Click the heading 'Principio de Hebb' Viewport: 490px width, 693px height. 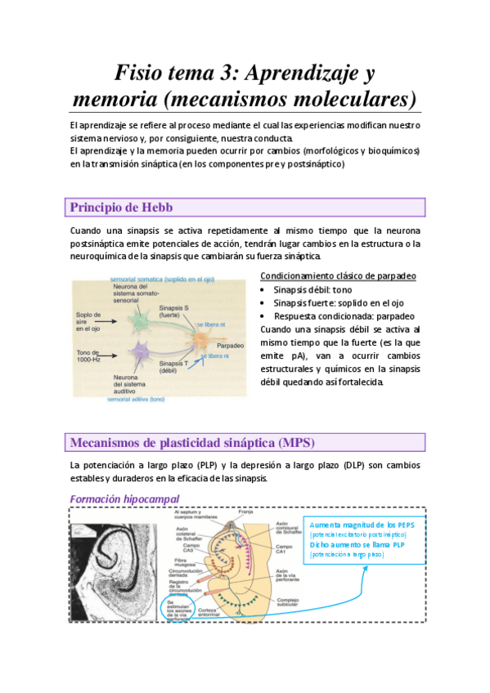(x=121, y=207)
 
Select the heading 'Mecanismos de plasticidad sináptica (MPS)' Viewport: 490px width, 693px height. (x=192, y=442)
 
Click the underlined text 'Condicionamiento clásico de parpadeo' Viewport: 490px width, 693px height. (x=338, y=275)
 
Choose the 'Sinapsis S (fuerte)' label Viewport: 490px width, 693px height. (x=173, y=310)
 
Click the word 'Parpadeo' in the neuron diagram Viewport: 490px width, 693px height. (x=232, y=345)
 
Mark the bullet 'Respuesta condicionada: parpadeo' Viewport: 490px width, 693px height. (x=344, y=316)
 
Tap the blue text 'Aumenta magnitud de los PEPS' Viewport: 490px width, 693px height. (x=363, y=524)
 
